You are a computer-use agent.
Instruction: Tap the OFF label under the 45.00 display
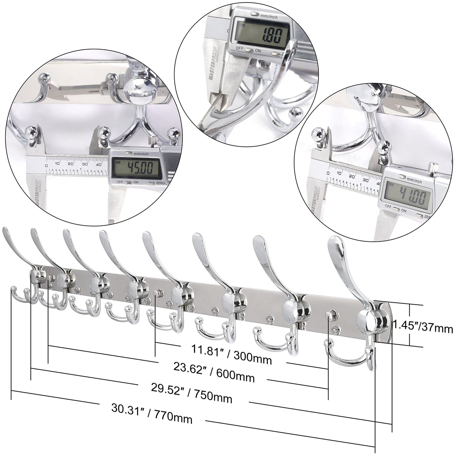(x=120, y=182)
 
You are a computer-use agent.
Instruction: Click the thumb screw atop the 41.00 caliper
(x=432, y=167)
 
